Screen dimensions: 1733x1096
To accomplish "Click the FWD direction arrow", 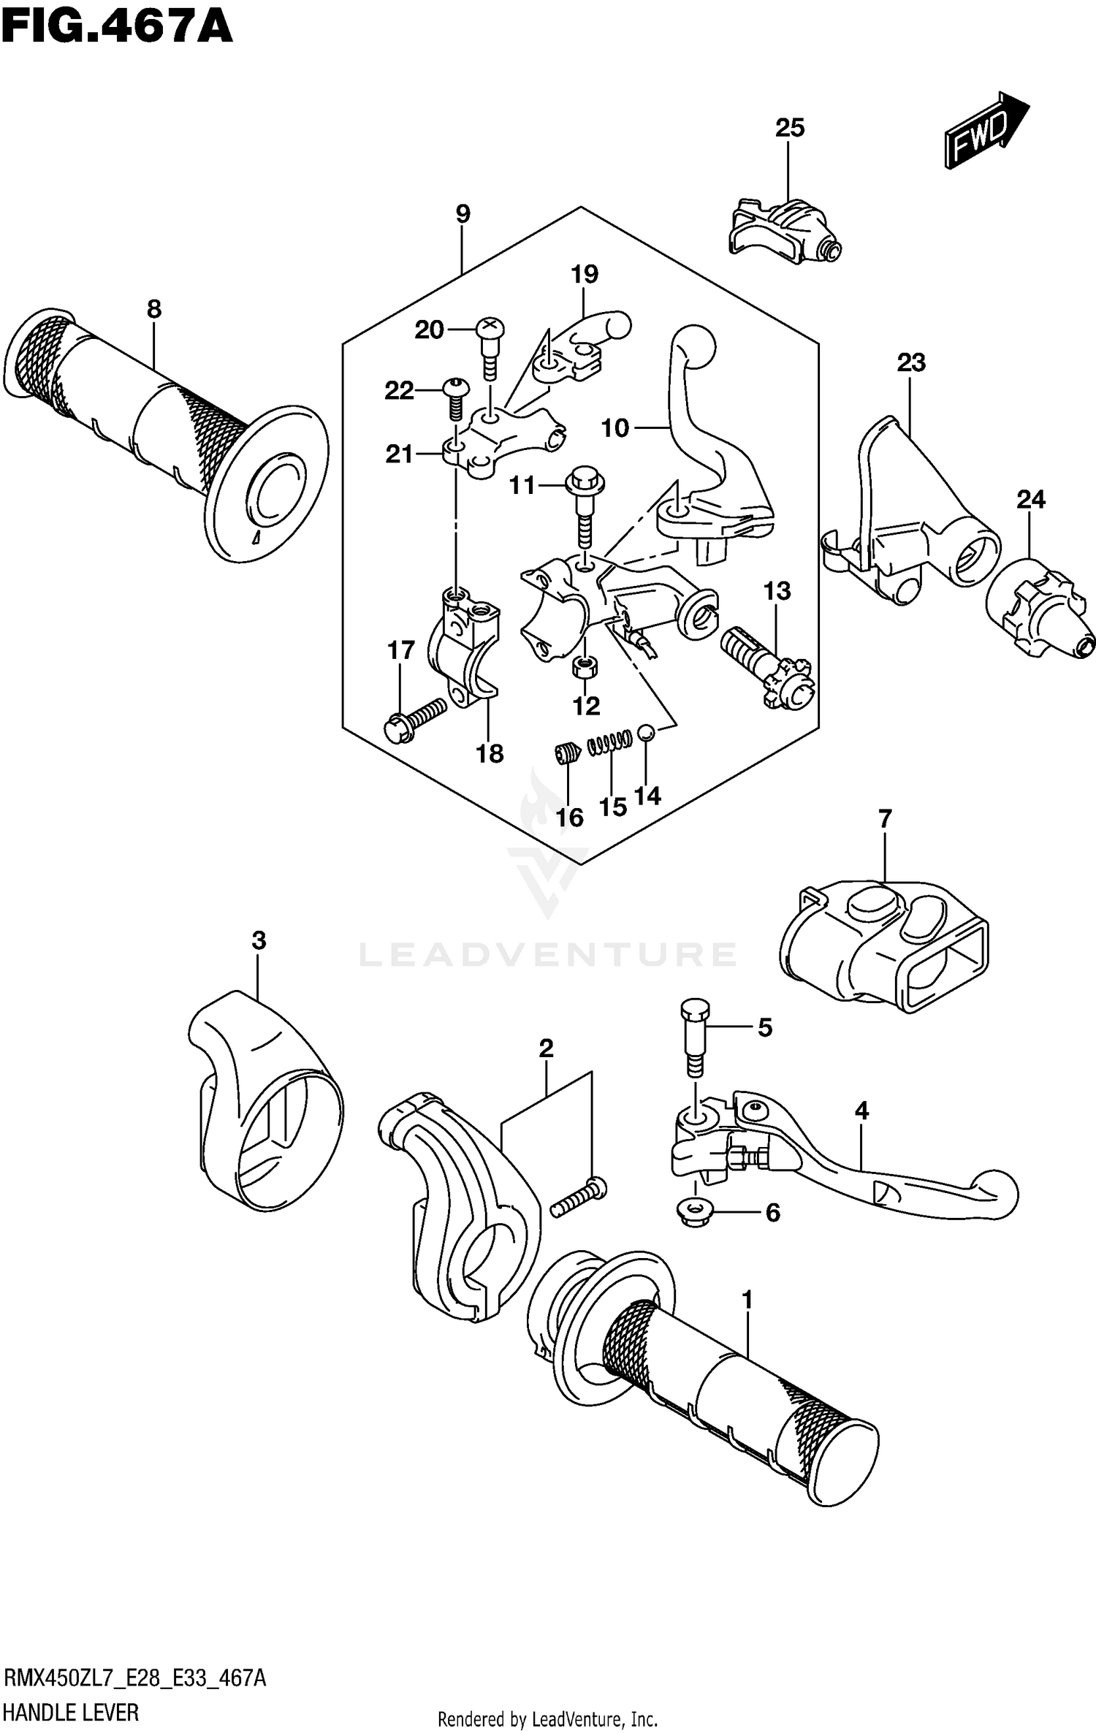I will coord(986,132).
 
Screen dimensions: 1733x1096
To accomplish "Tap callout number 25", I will coord(789,128).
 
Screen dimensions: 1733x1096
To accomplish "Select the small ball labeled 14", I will coord(645,732).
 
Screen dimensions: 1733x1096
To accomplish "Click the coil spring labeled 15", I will coord(609,742).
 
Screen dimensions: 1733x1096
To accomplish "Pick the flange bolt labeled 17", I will coord(414,720).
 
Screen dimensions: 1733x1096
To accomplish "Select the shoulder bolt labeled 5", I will coord(695,1038).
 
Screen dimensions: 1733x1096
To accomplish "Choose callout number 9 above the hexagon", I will coord(463,214).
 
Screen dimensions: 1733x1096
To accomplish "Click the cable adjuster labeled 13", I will coord(767,666).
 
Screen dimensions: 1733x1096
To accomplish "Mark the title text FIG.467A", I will coord(117,28).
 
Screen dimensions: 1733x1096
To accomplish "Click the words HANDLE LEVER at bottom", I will coord(71,1713).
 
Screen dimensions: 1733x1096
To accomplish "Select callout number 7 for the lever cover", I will coord(885,819).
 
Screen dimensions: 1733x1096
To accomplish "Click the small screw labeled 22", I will coord(453,397).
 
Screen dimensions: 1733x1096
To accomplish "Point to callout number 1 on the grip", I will coord(747,1300).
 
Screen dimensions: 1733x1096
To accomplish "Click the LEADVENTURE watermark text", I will coord(548,955).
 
